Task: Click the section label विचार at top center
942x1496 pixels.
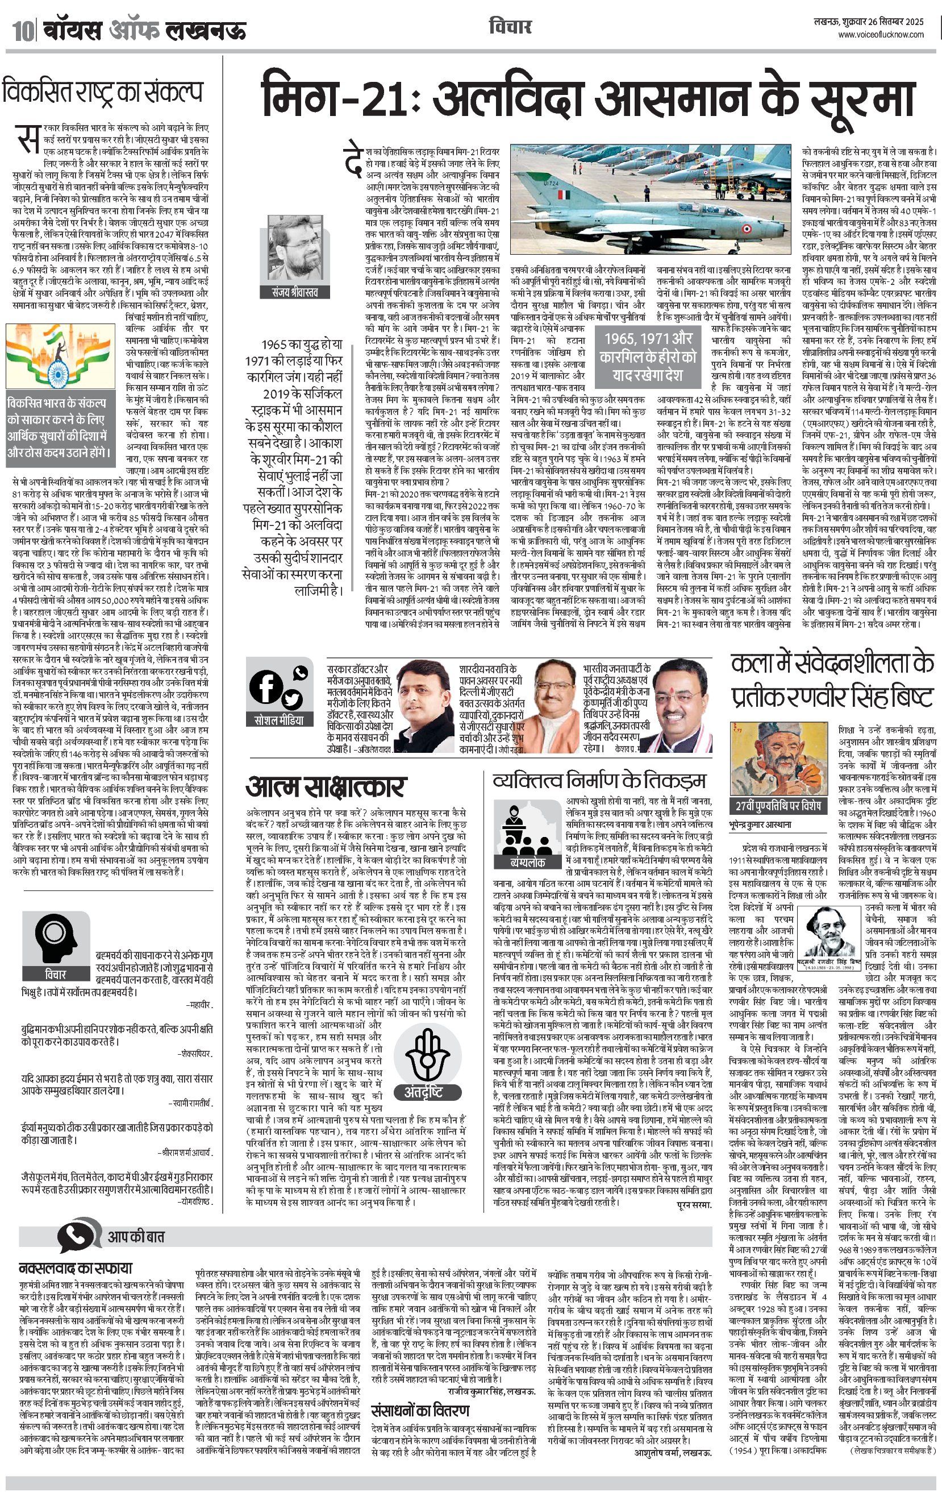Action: coord(510,27)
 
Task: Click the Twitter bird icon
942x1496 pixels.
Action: coord(291,700)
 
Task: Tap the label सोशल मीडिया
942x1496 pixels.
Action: coord(280,720)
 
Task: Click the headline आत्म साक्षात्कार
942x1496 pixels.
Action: coord(326,787)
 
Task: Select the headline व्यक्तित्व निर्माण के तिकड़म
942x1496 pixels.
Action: coord(599,780)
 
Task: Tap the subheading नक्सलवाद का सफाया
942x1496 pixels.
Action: coord(75,1267)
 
